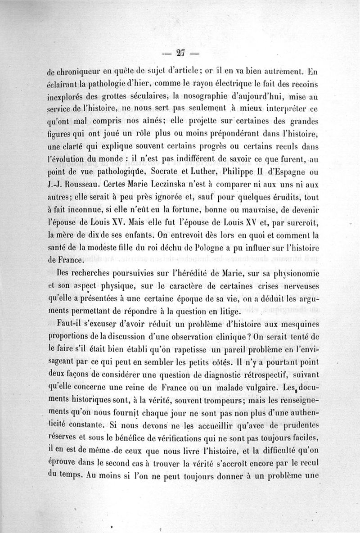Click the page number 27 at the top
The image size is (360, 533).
[181, 52]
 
